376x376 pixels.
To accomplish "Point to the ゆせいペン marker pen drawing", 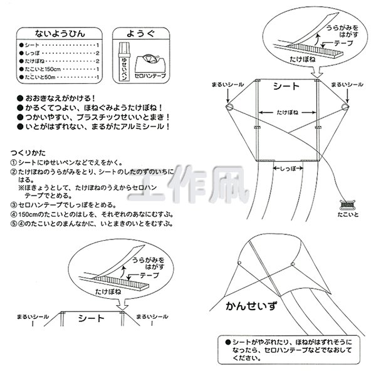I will point(123,61).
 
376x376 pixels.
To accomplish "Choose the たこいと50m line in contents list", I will point(61,76).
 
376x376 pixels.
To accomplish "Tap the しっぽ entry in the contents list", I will point(61,54).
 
